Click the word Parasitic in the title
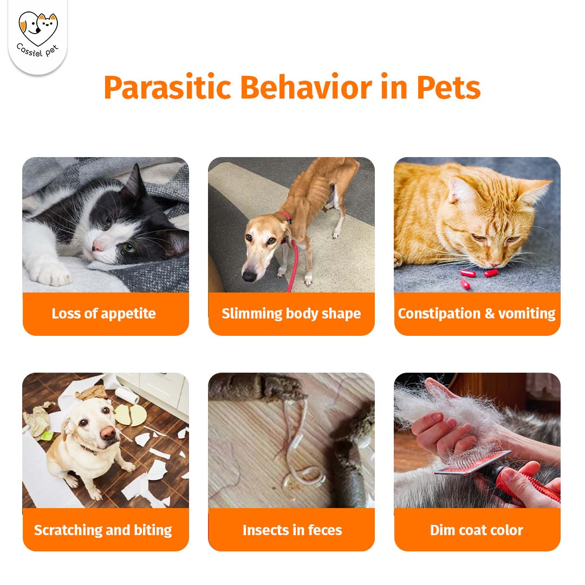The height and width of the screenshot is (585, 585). (167, 88)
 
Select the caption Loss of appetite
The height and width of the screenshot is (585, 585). (103, 314)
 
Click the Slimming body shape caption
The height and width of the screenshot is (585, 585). (291, 314)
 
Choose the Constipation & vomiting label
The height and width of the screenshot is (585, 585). (477, 314)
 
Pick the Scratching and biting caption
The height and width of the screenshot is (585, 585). (103, 530)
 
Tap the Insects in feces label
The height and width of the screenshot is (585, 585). (292, 530)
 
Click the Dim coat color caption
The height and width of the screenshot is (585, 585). (477, 530)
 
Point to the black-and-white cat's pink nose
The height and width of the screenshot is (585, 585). (97, 245)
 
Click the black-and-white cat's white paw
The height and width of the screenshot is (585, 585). (50, 275)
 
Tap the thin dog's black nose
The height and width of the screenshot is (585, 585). (249, 276)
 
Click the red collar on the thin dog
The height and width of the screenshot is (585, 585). (285, 216)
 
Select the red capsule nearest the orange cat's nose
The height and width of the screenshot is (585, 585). (491, 273)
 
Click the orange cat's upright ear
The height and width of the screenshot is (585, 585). (538, 191)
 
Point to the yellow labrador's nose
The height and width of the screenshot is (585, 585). (108, 433)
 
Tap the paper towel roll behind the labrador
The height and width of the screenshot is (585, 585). (127, 395)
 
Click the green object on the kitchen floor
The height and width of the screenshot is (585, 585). (47, 435)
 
